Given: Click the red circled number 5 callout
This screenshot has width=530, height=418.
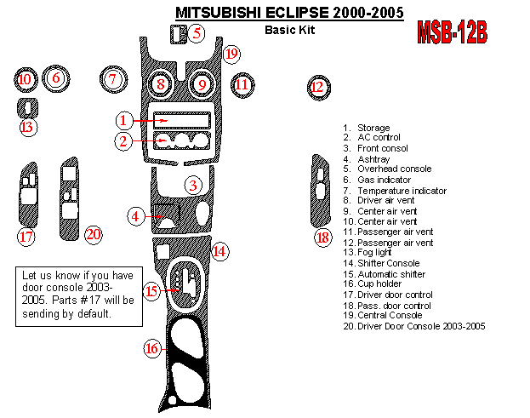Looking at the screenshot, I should [x=197, y=34].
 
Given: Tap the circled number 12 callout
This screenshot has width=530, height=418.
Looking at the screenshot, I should [x=317, y=87].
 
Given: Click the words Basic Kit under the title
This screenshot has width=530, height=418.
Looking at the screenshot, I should [x=288, y=30].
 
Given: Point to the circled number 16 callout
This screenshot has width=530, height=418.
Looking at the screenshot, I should [x=152, y=347].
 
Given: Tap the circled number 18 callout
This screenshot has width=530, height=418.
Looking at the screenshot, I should [x=322, y=238].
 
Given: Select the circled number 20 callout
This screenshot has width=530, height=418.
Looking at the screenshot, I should [x=94, y=234].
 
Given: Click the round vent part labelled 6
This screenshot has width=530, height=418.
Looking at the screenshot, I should [x=56, y=78].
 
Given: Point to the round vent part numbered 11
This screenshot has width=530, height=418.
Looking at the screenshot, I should [x=242, y=84].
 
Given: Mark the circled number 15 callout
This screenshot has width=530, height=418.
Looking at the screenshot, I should [x=151, y=292].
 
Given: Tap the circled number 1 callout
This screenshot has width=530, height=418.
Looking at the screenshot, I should [x=124, y=120].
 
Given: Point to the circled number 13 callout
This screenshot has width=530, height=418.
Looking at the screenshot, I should [x=27, y=128].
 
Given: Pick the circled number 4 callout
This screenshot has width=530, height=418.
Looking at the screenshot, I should [x=136, y=216].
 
